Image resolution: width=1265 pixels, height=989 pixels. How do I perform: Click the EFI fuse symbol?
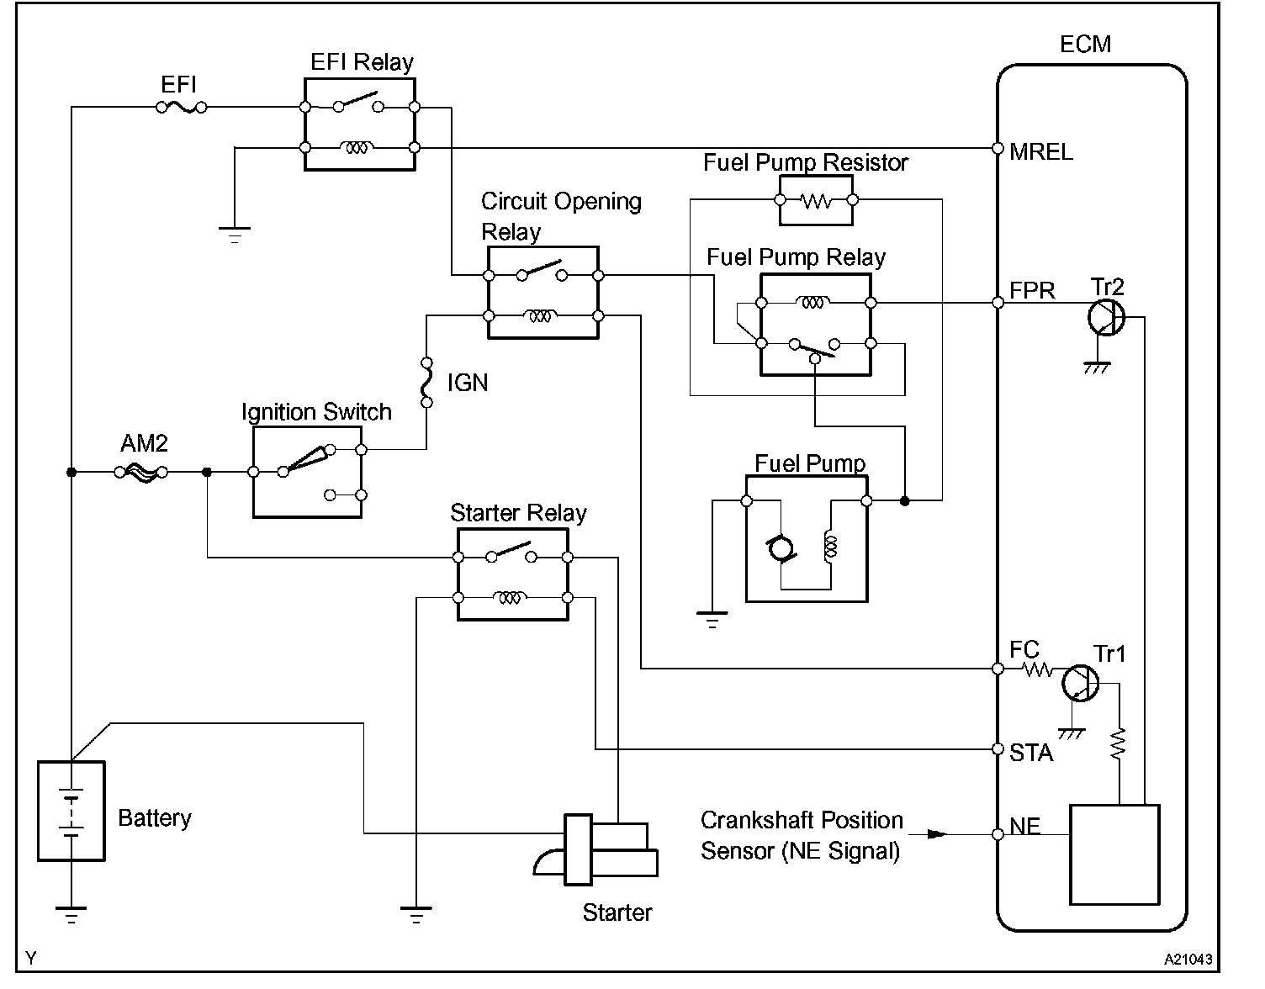click(x=182, y=107)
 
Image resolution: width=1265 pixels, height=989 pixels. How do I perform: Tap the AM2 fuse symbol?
click(x=140, y=472)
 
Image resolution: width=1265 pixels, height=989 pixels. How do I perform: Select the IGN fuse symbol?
click(x=426, y=382)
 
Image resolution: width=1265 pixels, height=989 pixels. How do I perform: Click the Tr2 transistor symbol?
click(x=1106, y=317)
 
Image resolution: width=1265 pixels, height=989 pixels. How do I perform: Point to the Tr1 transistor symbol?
click(x=1081, y=684)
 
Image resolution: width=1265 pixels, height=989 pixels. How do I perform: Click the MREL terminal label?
click(x=1041, y=152)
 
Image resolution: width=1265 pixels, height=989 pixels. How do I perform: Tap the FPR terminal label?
click(x=1032, y=290)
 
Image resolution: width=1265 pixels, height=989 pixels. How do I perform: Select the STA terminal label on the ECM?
click(x=1031, y=753)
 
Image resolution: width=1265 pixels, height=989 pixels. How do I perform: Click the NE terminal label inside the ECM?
click(x=1024, y=826)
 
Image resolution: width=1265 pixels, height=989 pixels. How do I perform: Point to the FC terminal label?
click(x=1024, y=649)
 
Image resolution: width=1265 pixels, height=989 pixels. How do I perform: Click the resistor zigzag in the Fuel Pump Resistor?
click(x=816, y=201)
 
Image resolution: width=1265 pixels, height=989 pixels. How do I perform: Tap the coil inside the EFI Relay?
click(x=357, y=148)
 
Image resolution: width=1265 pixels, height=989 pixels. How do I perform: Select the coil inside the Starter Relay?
click(x=510, y=597)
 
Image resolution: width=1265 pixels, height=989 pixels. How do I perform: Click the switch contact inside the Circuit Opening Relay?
click(x=542, y=271)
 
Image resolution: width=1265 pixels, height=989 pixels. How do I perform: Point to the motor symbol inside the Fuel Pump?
click(x=781, y=549)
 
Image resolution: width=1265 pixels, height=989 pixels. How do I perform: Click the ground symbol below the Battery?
click(x=71, y=915)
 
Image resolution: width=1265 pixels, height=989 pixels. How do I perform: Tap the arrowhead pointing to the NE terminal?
click(x=937, y=834)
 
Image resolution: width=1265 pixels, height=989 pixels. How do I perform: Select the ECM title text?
click(x=1085, y=45)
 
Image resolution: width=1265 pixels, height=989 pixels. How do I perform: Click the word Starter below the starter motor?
click(x=617, y=912)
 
